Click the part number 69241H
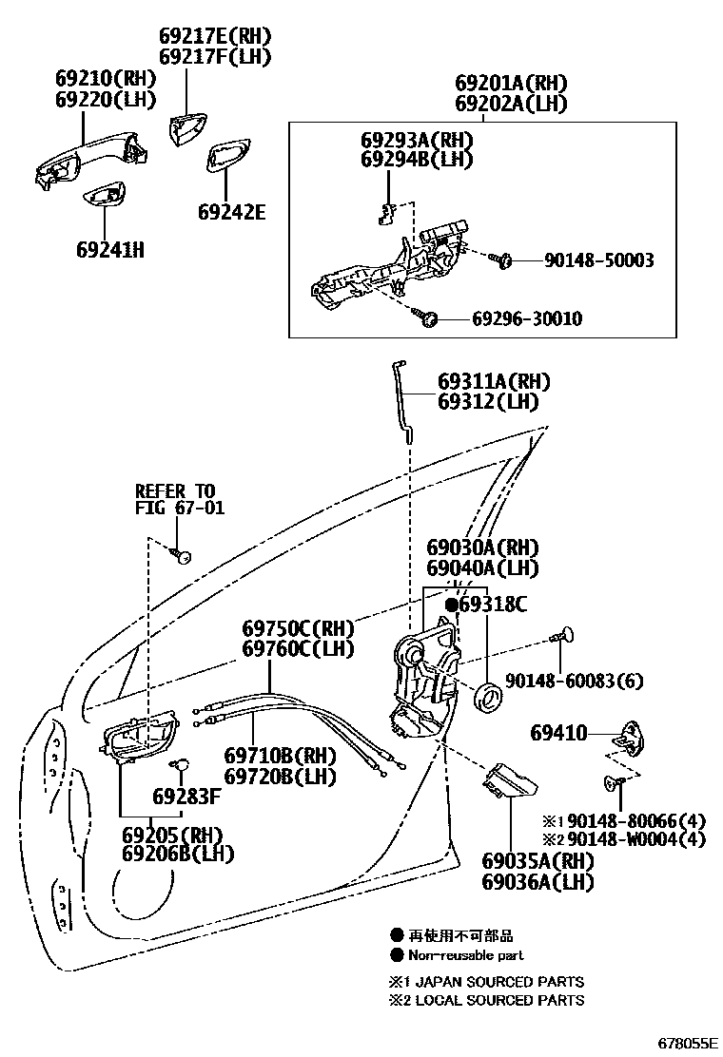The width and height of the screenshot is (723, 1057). [x=109, y=250]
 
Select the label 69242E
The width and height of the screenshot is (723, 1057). [x=231, y=211]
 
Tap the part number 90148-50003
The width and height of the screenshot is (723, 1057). [x=598, y=259]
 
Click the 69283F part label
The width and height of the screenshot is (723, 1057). [x=186, y=796]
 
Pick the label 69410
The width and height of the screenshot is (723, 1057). [x=558, y=733]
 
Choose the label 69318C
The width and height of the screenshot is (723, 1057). [x=492, y=605]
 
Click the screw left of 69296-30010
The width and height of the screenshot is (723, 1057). [x=427, y=318]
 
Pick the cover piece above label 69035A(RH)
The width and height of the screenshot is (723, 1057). [x=508, y=783]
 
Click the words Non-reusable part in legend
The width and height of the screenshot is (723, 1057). [x=466, y=955]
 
